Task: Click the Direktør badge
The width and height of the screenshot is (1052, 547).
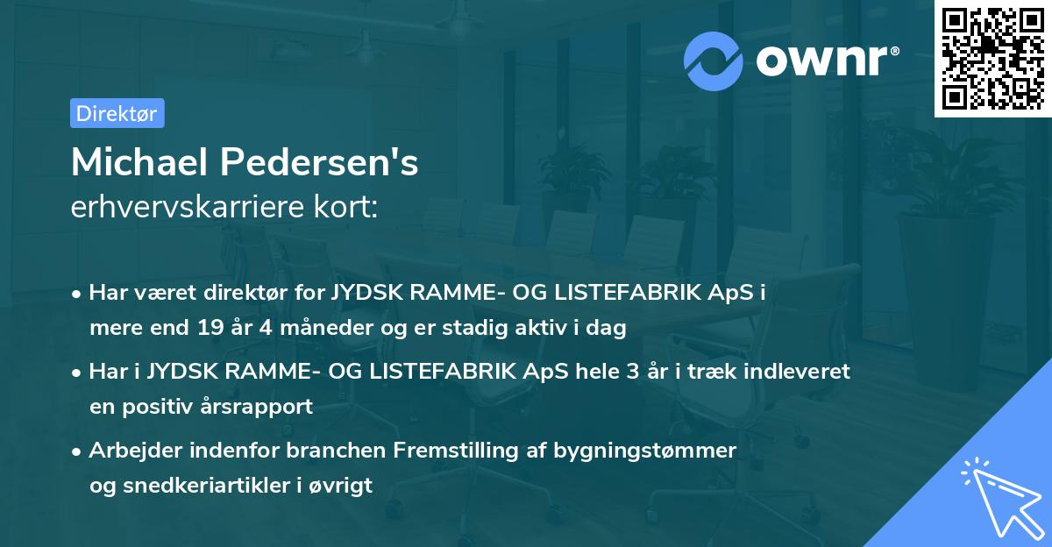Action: [x=117, y=113]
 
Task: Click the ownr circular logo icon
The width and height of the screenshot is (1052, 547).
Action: [x=713, y=60]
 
